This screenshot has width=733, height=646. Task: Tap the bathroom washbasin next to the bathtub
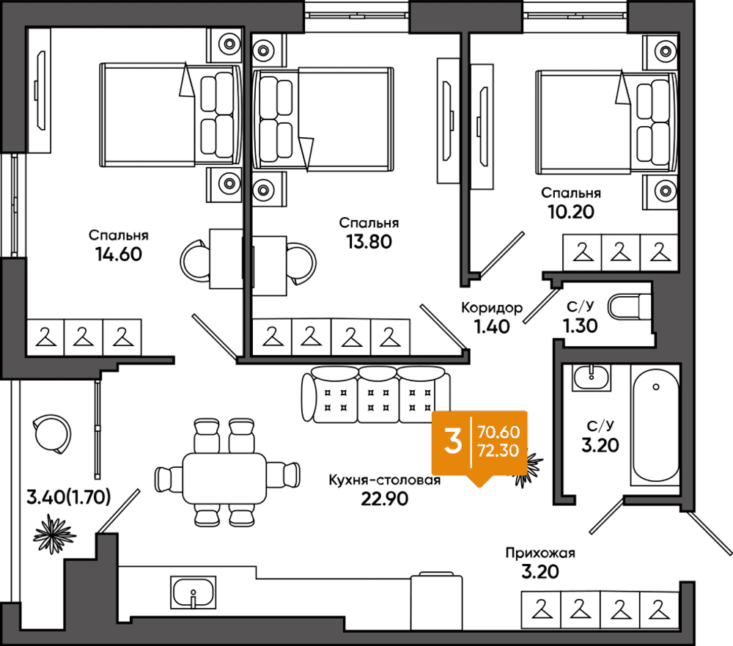(592, 378)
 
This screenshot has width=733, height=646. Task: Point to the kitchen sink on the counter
(194, 591)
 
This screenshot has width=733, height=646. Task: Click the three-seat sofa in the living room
(375, 394)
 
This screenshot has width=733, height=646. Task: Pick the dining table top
(224, 477)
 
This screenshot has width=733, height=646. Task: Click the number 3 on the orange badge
(454, 442)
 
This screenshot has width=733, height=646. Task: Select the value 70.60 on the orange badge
(497, 431)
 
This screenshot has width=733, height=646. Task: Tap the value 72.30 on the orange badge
(497, 451)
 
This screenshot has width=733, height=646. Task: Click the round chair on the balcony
(53, 433)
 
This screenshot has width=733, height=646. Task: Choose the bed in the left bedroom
(170, 114)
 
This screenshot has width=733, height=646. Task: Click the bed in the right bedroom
(605, 122)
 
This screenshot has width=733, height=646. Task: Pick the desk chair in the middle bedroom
(301, 262)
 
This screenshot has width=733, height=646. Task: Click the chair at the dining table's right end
(284, 474)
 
